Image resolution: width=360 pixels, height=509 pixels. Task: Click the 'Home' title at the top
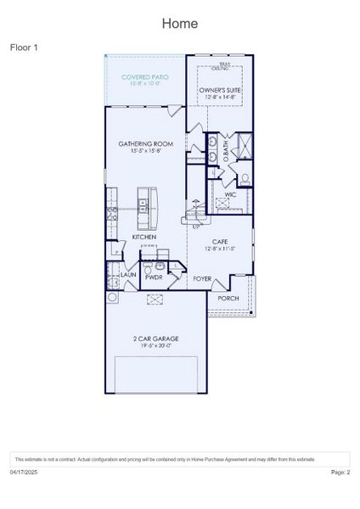tap(180, 23)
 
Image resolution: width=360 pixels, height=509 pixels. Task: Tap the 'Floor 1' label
tap(24, 48)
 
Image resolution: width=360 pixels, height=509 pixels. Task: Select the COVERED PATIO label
tap(144, 77)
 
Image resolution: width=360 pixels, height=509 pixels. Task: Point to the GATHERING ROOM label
tap(146, 144)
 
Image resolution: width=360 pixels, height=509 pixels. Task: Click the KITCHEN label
tap(143, 237)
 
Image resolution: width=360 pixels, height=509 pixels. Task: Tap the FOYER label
tap(202, 278)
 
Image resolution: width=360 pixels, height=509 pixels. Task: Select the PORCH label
tap(228, 299)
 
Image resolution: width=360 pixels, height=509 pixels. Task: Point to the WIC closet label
tap(230, 195)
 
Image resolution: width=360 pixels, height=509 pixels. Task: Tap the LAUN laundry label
tap(128, 275)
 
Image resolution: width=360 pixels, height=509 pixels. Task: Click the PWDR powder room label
tap(154, 277)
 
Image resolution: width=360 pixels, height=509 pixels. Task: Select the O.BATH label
tap(225, 149)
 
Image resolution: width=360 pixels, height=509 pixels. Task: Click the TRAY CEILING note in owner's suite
tap(224, 66)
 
